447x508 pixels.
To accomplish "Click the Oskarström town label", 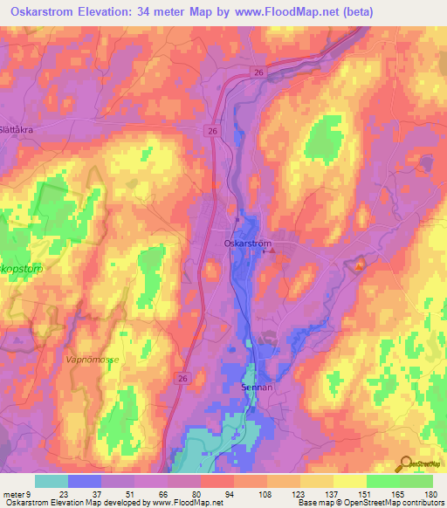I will click(x=247, y=244).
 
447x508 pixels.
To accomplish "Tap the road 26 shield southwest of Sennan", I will click(x=182, y=378).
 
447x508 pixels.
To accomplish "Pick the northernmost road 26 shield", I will click(x=257, y=72).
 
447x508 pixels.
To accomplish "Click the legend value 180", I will click(x=430, y=493).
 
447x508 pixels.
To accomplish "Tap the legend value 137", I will click(x=333, y=493).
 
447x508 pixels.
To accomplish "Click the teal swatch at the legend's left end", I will click(x=52, y=481).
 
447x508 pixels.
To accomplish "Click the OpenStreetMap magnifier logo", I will click(x=406, y=463).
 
